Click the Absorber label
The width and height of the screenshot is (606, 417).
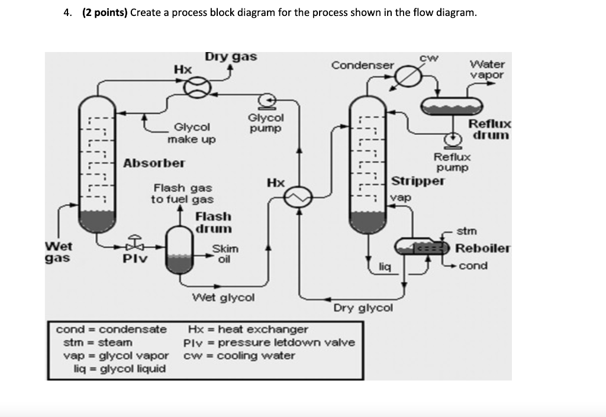point(154,163)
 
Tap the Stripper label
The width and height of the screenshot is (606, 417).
point(417,181)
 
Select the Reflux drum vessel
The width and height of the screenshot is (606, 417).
point(452,105)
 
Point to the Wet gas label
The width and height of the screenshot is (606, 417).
point(59,252)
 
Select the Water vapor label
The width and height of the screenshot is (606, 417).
point(487,69)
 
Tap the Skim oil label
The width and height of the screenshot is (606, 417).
point(224,253)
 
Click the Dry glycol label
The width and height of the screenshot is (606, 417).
point(363,308)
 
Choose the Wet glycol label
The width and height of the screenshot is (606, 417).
point(224,297)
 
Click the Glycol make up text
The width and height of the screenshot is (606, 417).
point(191,133)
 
